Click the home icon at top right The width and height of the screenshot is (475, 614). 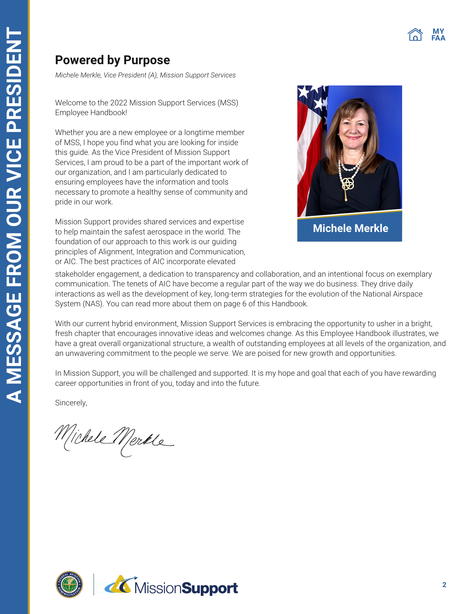click(x=415, y=35)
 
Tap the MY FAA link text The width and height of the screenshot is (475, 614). click(x=438, y=35)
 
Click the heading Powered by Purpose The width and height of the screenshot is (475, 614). click(x=112, y=60)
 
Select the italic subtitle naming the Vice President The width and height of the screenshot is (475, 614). click(x=145, y=75)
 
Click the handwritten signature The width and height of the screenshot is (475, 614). click(x=114, y=439)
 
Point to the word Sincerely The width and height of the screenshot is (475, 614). click(x=71, y=403)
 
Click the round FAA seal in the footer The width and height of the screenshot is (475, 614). click(x=70, y=584)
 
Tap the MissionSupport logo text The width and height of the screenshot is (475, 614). click(x=186, y=588)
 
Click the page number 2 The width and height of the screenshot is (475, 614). click(x=444, y=585)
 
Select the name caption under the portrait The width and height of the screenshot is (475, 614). click(x=350, y=228)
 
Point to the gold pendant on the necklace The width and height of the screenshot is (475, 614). click(x=347, y=185)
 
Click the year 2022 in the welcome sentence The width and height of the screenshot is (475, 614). click(x=119, y=103)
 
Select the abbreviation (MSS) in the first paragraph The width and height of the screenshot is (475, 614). click(x=228, y=103)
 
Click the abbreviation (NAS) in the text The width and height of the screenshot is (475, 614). click(x=94, y=304)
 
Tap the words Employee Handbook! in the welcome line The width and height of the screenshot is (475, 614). click(x=91, y=113)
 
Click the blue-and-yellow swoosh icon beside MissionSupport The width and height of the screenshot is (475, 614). click(x=120, y=585)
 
